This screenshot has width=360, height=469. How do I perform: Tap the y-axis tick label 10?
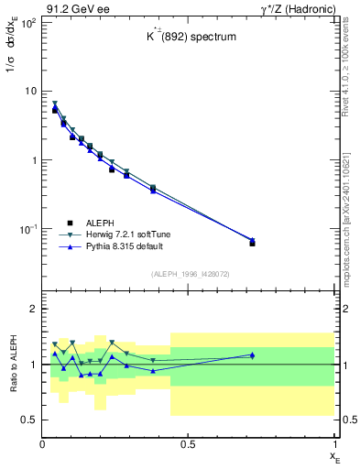click(29, 92)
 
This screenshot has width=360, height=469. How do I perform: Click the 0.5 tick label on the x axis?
click(188, 444)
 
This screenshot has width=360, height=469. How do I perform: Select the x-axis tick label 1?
click(333, 444)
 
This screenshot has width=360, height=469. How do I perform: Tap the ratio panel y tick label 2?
click(33, 310)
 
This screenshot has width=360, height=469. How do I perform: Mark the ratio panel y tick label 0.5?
click(28, 420)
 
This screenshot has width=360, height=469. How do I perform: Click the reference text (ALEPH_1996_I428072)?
click(190, 274)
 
